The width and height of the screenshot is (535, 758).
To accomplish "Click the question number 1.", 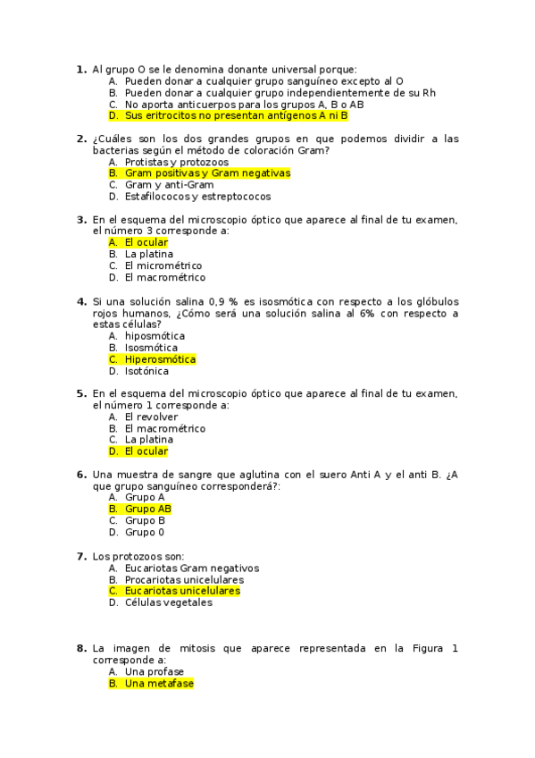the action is tap(80, 69).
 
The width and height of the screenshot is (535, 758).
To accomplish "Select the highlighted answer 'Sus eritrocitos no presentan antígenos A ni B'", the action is tap(236, 115).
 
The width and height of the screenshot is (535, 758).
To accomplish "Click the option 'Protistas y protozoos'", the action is tap(177, 162).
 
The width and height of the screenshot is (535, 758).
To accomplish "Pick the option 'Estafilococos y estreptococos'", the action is tap(197, 197).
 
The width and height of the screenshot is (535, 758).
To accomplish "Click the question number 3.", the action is tap(80, 219).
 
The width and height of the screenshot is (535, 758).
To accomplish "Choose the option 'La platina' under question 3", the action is tap(149, 254).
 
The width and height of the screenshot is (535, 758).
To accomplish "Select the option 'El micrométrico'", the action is tap(163, 265).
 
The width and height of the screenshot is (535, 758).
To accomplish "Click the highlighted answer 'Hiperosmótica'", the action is tap(160, 359).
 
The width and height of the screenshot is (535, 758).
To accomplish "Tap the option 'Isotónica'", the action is tap(146, 371).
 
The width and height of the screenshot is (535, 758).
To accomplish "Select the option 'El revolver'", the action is tap(151, 417).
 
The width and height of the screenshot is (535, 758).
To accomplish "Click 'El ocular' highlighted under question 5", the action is tap(146, 451).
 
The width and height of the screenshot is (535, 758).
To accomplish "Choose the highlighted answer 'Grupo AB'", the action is tap(148, 509).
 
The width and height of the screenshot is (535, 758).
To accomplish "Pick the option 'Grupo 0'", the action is tap(145, 532).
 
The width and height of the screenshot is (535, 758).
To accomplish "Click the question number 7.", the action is tap(80, 556).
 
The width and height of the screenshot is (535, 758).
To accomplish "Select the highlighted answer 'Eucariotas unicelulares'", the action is tap(182, 591).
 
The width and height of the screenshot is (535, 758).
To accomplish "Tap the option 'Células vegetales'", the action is tap(169, 602).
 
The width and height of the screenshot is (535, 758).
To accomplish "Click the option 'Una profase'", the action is tap(155, 671).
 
